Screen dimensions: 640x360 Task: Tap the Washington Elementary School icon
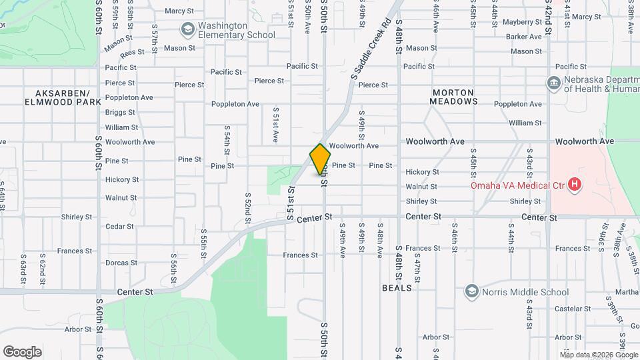click(x=188, y=29)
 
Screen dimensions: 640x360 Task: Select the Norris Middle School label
click(x=527, y=292)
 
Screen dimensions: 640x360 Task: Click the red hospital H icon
click(x=575, y=185)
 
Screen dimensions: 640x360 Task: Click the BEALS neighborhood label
click(x=397, y=288)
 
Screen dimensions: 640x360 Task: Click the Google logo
click(x=23, y=352)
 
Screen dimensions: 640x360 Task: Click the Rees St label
click(x=132, y=52)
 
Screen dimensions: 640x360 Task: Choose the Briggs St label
click(x=120, y=112)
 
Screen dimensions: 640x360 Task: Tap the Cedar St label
click(x=119, y=227)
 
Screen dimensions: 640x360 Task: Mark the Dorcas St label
click(x=121, y=263)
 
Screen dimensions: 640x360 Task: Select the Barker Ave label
click(x=523, y=37)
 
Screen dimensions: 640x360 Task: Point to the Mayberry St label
click(x=522, y=22)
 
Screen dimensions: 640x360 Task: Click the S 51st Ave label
click(x=275, y=124)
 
